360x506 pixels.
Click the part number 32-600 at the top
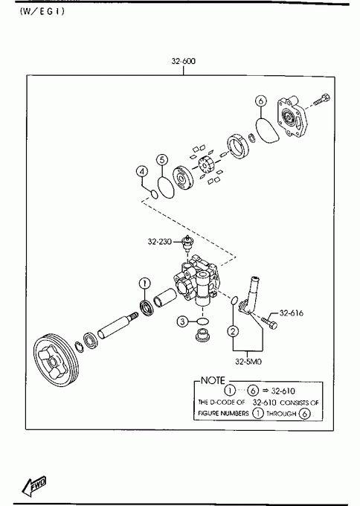[183, 61]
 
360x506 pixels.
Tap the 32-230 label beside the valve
[160, 241]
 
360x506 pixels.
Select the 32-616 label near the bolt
[292, 313]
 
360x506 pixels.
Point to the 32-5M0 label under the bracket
[248, 362]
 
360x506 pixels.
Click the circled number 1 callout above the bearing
[145, 284]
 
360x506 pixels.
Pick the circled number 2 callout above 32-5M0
[234, 330]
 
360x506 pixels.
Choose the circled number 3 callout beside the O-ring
[182, 321]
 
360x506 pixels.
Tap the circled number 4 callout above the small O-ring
[142, 172]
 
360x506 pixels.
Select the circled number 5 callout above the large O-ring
[162, 160]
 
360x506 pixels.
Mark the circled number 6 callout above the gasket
[261, 101]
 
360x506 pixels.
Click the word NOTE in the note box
[213, 380]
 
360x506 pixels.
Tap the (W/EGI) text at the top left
[42, 11]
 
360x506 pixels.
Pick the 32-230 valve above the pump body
[187, 244]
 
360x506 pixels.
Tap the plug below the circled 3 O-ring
[203, 335]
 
